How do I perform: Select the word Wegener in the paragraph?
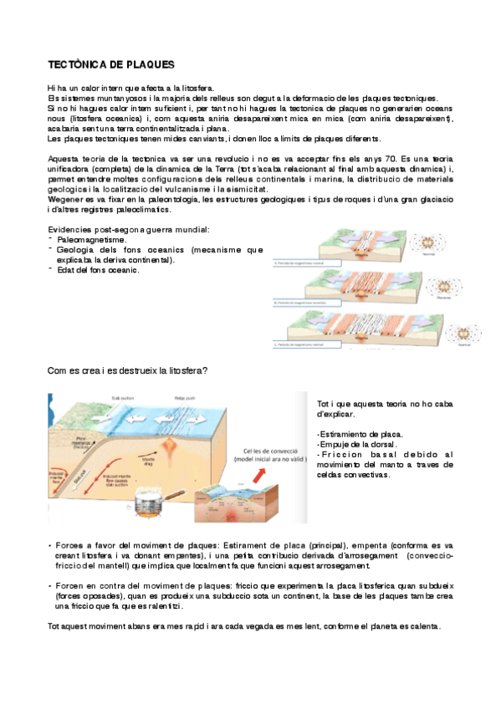coord(67,200)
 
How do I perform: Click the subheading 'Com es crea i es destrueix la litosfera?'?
coord(128,370)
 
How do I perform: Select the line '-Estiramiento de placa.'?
coord(360,434)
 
